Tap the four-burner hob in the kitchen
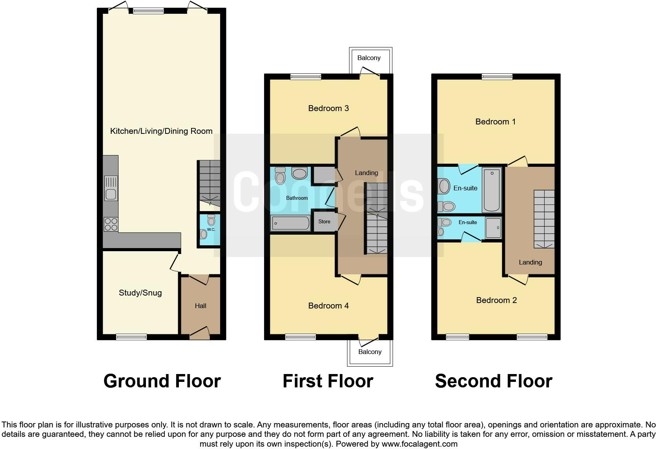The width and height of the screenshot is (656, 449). click(x=111, y=224)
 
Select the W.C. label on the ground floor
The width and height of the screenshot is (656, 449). click(x=211, y=230)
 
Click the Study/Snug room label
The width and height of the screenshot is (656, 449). click(x=140, y=293)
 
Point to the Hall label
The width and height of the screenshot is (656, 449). click(x=200, y=306)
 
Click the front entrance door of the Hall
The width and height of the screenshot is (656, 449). click(x=200, y=334)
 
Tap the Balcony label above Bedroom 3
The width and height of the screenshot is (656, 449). click(x=369, y=58)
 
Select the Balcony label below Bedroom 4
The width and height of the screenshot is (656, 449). click(x=370, y=352)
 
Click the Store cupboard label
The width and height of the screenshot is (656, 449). click(x=324, y=222)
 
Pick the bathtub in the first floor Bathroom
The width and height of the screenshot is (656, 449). click(x=291, y=223)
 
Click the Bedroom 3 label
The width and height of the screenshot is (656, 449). click(x=328, y=108)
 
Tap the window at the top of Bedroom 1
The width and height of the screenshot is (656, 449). click(x=497, y=77)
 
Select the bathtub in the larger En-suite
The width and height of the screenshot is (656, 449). click(x=492, y=190)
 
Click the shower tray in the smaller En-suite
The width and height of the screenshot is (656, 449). click(x=494, y=228)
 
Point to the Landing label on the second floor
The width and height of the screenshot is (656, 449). click(x=530, y=263)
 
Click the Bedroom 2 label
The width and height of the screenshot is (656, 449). click(x=496, y=300)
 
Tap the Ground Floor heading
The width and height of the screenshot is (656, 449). click(x=162, y=381)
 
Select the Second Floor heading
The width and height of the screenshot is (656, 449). click(x=494, y=381)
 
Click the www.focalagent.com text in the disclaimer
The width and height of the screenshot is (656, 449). click(x=419, y=444)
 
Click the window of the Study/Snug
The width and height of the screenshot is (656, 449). click(x=131, y=337)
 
